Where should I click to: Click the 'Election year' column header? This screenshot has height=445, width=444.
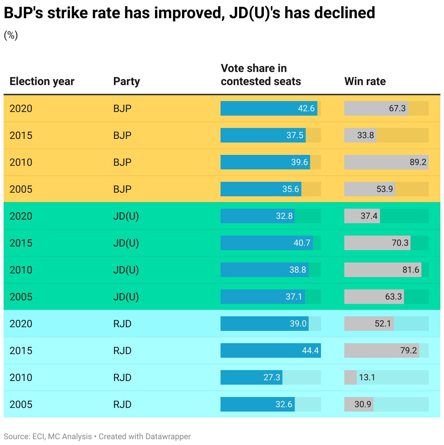click(x=42, y=81)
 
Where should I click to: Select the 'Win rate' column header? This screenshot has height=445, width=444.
click(x=365, y=81)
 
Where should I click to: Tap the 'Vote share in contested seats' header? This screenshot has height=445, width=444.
click(x=261, y=75)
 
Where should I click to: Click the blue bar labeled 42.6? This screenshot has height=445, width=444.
click(x=269, y=108)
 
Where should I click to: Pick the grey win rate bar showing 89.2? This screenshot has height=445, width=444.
click(x=386, y=162)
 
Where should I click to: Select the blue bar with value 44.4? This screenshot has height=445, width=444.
click(x=270, y=350)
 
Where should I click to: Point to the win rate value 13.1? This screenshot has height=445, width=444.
click(x=367, y=377)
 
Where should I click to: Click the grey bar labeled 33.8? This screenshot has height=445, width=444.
click(x=360, y=135)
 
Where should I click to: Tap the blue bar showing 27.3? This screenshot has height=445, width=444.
click(x=251, y=377)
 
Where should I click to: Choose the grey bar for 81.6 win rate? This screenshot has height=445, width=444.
click(x=382, y=270)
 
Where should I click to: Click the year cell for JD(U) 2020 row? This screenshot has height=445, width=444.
click(x=21, y=216)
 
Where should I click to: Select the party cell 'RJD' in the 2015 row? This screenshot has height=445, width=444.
click(x=122, y=350)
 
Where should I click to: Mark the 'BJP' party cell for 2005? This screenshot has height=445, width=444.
click(x=122, y=189)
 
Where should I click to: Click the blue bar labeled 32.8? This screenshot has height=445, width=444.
click(x=257, y=216)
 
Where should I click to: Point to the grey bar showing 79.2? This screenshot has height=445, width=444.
click(x=381, y=350)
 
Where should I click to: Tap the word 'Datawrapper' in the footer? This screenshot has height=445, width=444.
click(x=168, y=437)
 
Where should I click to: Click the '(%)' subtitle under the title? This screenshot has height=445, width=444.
click(x=11, y=35)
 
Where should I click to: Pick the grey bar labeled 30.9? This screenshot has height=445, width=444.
click(x=358, y=404)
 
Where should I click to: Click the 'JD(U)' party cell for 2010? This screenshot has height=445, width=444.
click(x=126, y=270)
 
